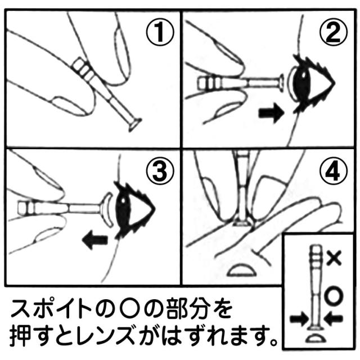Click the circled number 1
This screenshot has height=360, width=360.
[160, 32]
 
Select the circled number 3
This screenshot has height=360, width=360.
[160, 171]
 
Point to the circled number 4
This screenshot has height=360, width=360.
[334, 171]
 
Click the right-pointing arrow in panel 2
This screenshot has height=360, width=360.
[271, 112]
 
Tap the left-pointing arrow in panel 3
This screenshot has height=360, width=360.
[95, 240]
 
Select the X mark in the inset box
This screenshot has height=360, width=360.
[334, 258]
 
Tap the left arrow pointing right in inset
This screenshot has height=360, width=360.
[299, 319]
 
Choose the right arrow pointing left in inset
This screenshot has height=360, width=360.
[334, 319]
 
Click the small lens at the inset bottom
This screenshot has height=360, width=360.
[316, 339]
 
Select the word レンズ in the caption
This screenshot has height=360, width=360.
[105, 335]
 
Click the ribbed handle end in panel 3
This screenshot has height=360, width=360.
[26, 208]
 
